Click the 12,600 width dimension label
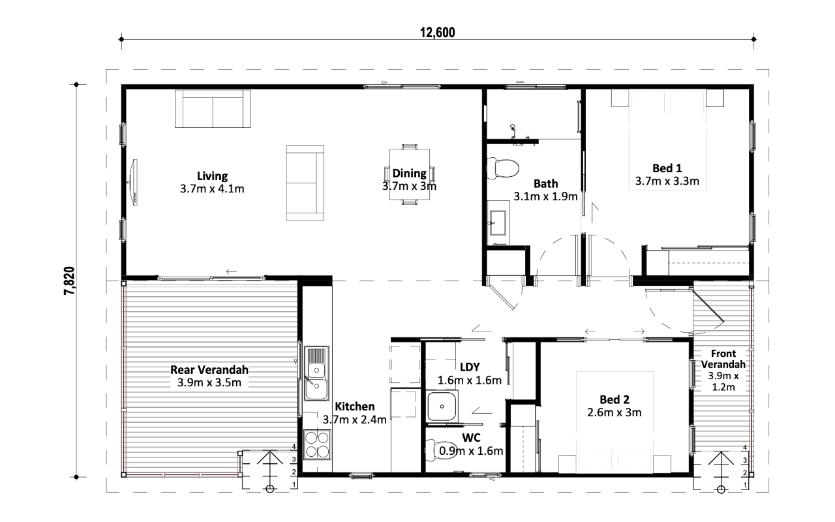coord(437,33)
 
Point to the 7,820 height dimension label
coord(69,281)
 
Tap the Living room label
coord(212,176)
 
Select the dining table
coord(409,174)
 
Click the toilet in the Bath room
coord(502,168)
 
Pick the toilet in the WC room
coord(441,450)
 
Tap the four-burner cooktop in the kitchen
coord(317,445)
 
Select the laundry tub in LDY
coord(442,406)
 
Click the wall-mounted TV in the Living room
coord(134,182)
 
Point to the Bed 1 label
coord(667,168)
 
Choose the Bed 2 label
coord(615,400)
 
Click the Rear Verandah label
coord(209,370)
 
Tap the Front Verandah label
coord(723,359)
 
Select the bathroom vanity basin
coord(498,223)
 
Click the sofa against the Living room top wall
coord(213,109)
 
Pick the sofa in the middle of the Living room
coord(305,183)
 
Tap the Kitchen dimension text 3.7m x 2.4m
coord(354,420)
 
